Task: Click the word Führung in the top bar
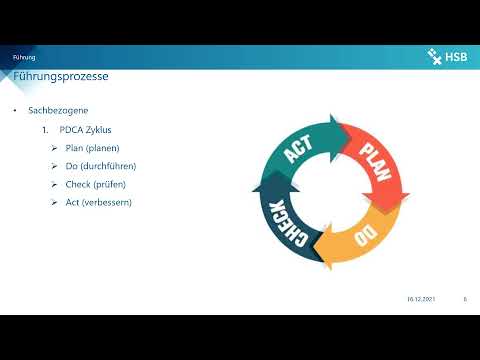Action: [x=24, y=58]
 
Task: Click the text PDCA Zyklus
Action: [x=88, y=129]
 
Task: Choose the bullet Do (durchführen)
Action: [x=106, y=166]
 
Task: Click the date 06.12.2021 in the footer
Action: [x=420, y=298]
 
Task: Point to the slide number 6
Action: [x=465, y=298]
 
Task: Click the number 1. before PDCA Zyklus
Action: [x=45, y=129]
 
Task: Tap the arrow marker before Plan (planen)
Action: [x=55, y=148]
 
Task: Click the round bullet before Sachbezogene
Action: [x=15, y=110]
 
